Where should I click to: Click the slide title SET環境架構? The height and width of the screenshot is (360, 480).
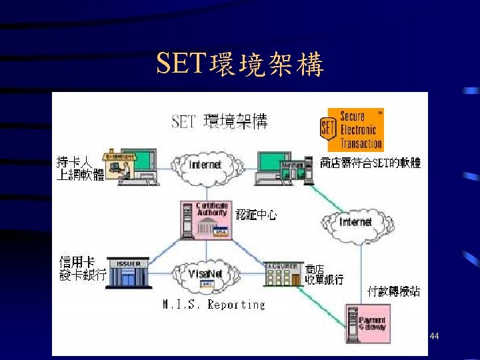[240, 65]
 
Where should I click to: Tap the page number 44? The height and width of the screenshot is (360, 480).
[434, 337]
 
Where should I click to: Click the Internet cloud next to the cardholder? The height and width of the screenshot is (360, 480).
[205, 164]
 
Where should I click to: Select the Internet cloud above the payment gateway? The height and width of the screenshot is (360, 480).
[355, 221]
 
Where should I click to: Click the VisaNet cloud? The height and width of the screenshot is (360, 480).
[206, 275]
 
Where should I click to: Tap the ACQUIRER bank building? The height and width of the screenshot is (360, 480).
[282, 273]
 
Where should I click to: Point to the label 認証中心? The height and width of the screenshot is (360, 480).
[256, 215]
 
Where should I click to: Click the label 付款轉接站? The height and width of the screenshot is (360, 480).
[394, 291]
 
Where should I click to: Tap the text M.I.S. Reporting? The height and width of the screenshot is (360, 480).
[213, 305]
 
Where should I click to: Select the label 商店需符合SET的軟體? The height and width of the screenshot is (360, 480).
[370, 162]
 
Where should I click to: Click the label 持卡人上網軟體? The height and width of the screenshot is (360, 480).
[79, 169]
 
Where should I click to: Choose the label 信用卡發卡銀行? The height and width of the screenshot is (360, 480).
[82, 268]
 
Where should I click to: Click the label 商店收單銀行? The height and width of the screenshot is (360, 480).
[325, 274]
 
